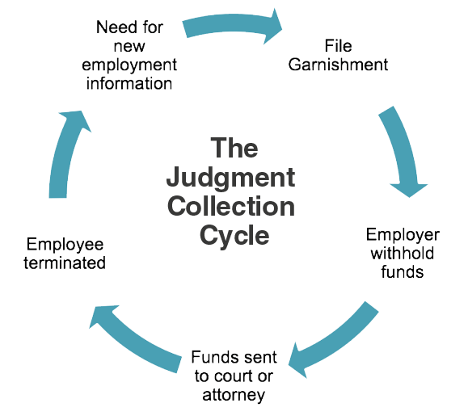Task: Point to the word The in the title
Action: (x=234, y=149)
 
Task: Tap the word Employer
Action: (x=403, y=235)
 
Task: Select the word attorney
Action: (x=234, y=395)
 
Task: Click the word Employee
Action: (x=65, y=244)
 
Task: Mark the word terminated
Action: (x=65, y=262)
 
